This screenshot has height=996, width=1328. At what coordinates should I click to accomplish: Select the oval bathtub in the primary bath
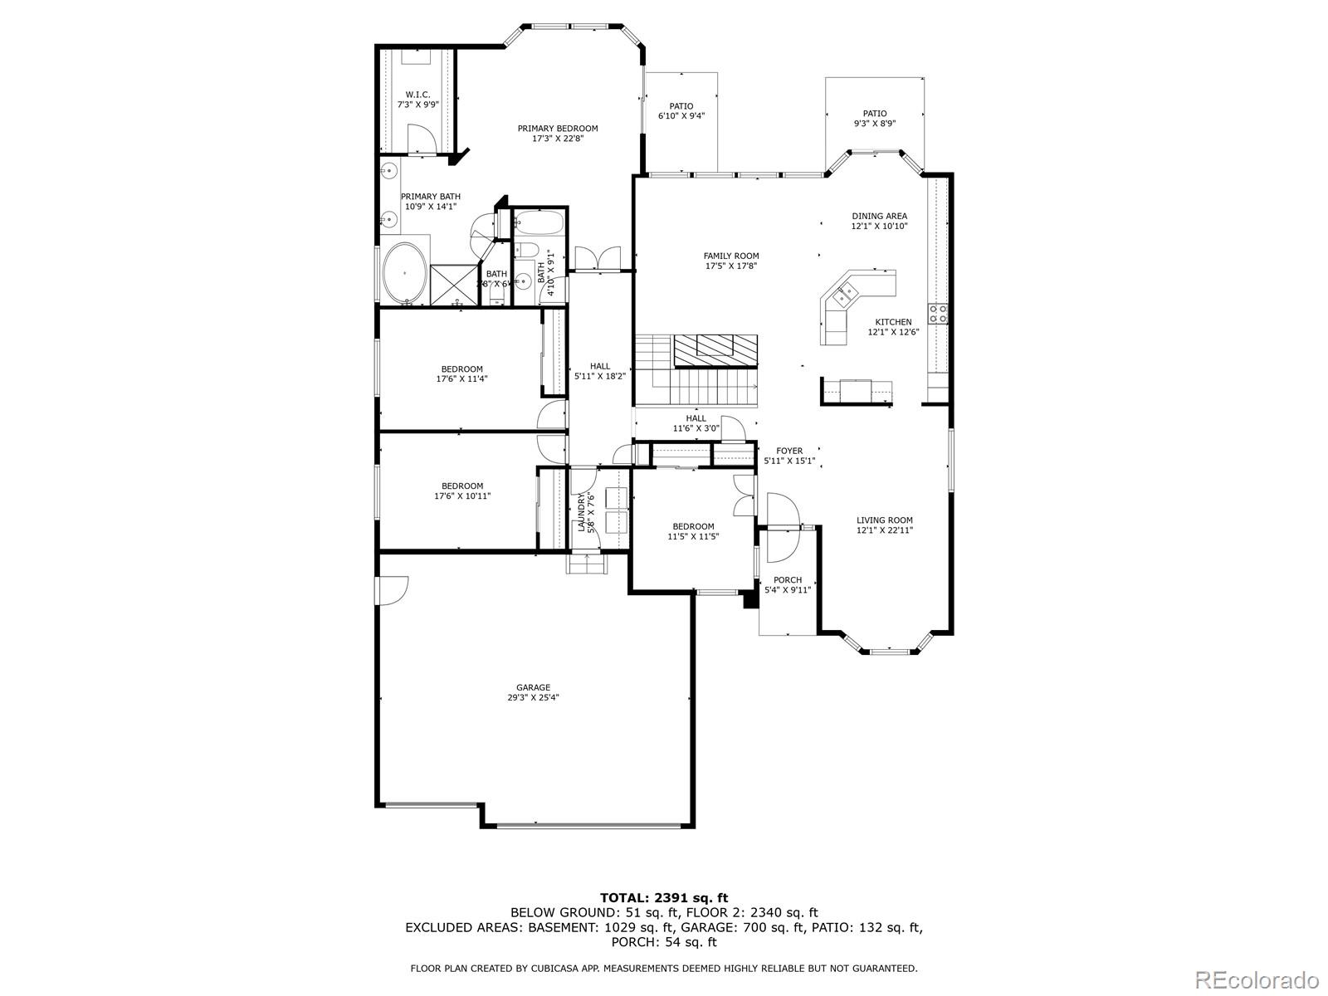point(405,273)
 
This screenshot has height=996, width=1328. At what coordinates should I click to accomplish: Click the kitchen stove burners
point(938,313)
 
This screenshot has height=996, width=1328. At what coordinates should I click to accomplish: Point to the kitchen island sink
point(847,291)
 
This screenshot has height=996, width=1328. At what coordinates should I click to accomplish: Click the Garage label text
point(533,687)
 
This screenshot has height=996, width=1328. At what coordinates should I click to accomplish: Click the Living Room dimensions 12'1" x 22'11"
point(885,530)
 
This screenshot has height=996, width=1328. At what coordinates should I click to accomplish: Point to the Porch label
point(787,580)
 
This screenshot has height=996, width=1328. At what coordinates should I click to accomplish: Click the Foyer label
point(789,451)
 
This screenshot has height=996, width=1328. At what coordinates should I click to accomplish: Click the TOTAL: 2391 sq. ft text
point(664,897)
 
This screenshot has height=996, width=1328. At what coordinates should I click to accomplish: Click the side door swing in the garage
point(391,590)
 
